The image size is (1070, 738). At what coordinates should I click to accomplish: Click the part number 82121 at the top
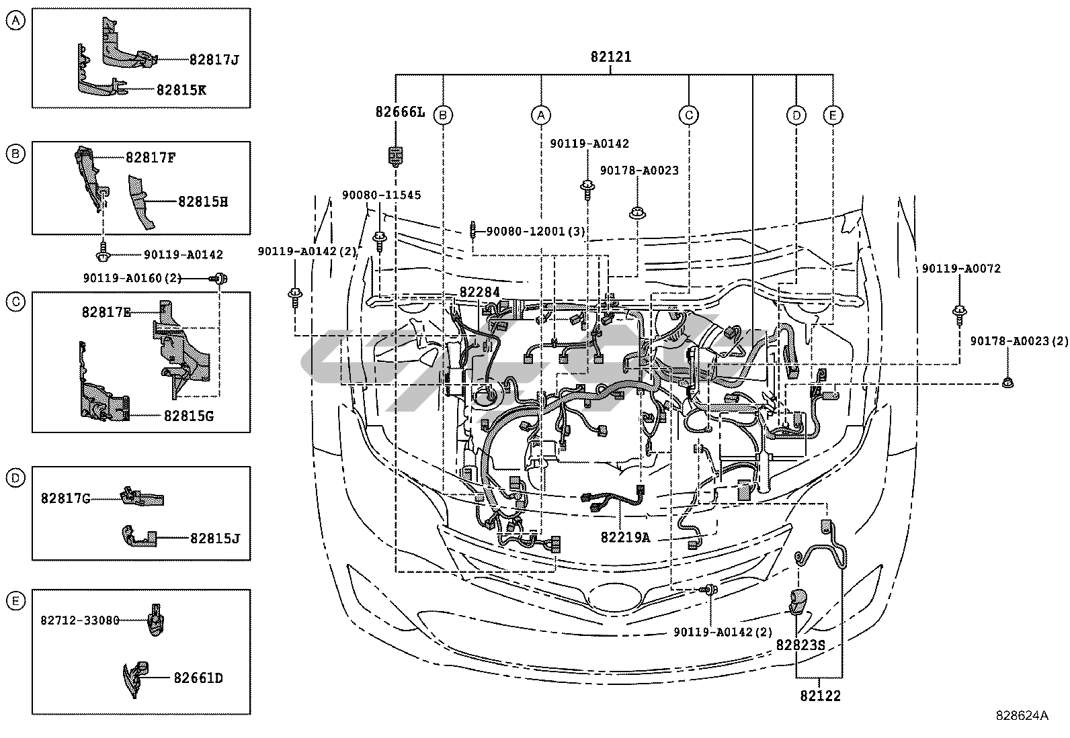pos(611,57)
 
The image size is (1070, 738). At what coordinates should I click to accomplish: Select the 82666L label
pos(400,112)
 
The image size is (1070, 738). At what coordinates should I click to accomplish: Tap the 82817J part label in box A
pos(214,60)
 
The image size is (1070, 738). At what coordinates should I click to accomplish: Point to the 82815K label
pos(181,90)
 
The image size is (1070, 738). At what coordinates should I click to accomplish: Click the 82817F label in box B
pos(151,158)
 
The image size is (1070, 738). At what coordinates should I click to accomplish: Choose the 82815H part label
pos(203,202)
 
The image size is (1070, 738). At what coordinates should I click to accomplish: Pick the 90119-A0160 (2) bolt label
pos(132,278)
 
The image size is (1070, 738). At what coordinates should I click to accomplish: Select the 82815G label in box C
pos(189,416)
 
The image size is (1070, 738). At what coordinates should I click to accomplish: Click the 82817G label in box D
pos(65,498)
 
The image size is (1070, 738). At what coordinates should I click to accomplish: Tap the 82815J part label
pos(215,539)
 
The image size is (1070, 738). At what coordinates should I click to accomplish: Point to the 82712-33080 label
pos(80,620)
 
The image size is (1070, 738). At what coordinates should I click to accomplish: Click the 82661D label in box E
pos(198,678)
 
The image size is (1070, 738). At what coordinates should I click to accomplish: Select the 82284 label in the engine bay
pos(480,292)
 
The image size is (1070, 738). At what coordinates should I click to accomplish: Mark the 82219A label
pos(625,537)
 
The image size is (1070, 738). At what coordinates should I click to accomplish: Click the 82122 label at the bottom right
pos(820,696)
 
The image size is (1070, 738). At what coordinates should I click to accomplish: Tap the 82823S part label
pos(800,645)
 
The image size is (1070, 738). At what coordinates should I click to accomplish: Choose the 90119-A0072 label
pos(961,269)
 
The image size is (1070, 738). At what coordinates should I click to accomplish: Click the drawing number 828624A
pos(1022,716)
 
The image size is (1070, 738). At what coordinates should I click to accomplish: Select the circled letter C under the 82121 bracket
pos(689,115)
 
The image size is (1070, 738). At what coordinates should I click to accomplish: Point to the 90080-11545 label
pos(382,195)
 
